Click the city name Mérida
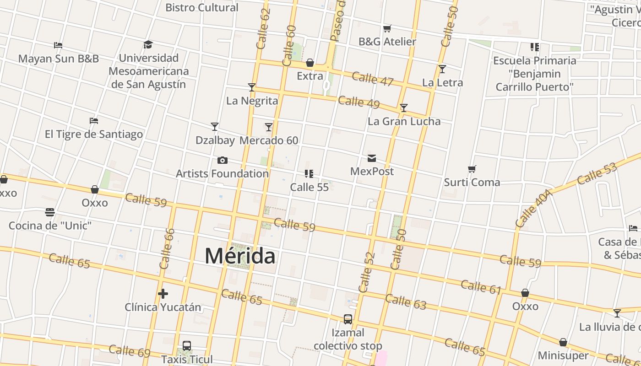point(240,255)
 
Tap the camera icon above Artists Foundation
point(222,160)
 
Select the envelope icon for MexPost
point(372,158)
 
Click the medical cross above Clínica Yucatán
point(163,293)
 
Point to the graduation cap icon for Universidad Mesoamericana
point(148,44)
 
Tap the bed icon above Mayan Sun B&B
point(58,45)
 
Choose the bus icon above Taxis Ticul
point(187,346)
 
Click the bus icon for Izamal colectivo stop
point(348,319)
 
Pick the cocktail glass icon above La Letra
point(442,69)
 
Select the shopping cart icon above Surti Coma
point(472,169)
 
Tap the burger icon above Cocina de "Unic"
point(50,212)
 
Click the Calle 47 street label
point(373,79)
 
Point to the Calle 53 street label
point(597,174)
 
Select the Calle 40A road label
point(534,208)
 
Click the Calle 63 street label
point(406,302)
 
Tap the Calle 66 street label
point(167,248)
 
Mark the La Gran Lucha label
point(404,121)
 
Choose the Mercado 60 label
point(269,140)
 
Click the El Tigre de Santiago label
point(94,134)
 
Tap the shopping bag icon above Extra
point(310,63)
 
